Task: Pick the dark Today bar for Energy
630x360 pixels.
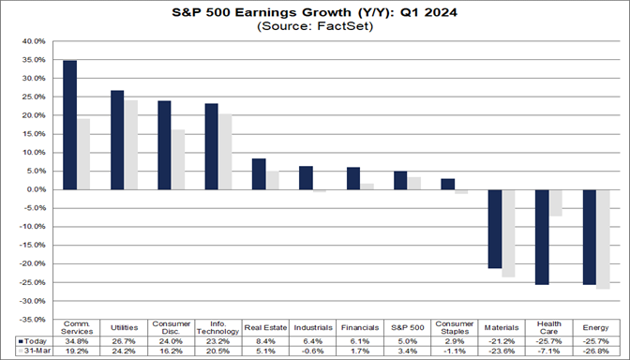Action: (x=590, y=236)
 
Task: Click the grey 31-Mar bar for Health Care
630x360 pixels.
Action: (x=556, y=202)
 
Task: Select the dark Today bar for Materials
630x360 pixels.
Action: (x=495, y=229)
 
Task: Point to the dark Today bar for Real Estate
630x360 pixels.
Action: (x=259, y=173)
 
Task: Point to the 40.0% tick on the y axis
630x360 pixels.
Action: (x=32, y=41)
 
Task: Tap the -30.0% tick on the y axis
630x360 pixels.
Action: (x=31, y=301)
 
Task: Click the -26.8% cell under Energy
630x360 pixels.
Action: (x=597, y=352)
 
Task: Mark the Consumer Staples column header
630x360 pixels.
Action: (x=455, y=324)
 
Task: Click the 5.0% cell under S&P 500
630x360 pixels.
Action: (x=408, y=341)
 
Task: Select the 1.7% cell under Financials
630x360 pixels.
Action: (x=361, y=352)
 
